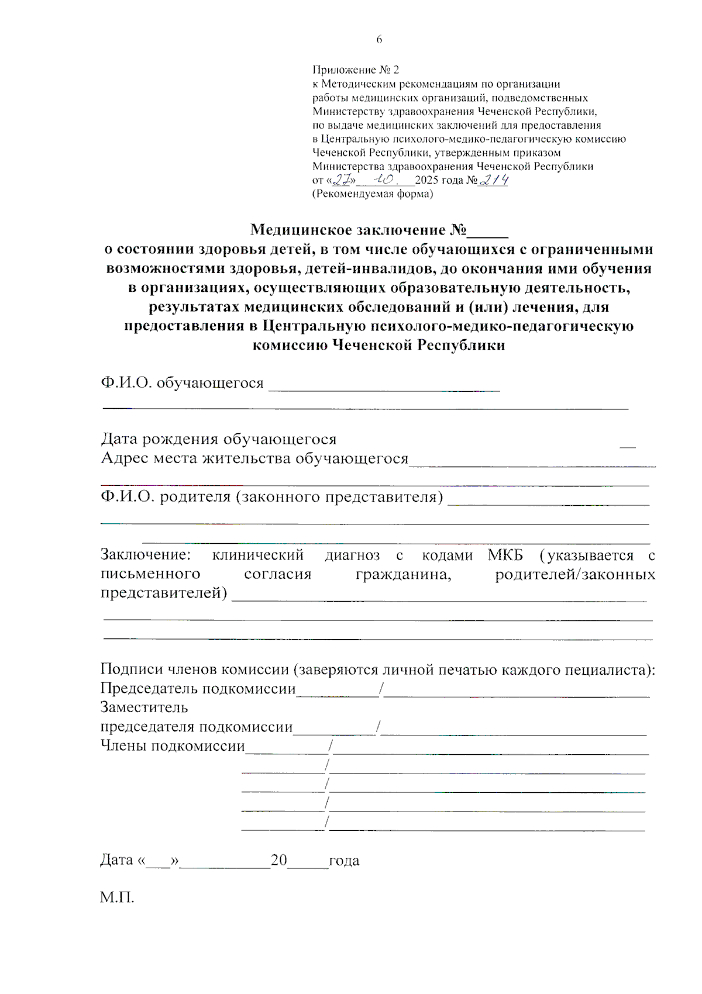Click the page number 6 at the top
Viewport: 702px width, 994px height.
coord(379,40)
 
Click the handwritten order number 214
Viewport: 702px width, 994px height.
coord(494,180)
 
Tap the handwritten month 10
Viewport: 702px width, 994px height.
coord(386,180)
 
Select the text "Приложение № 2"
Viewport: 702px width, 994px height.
coord(356,70)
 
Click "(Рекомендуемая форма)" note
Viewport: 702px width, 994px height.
coord(373,194)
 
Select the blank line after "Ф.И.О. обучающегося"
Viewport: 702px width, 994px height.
coord(384,386)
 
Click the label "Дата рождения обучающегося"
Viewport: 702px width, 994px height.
coord(219,439)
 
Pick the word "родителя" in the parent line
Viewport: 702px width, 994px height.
coord(195,497)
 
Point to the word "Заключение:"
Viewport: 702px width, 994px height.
coord(146,554)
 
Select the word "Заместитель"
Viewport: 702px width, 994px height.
coord(144,707)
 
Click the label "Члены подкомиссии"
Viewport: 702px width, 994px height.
coord(173,746)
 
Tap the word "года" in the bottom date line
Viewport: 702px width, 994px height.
coord(344,861)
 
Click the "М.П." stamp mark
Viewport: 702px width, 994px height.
coord(117,898)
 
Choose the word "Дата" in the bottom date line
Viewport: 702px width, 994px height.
coord(116,860)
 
